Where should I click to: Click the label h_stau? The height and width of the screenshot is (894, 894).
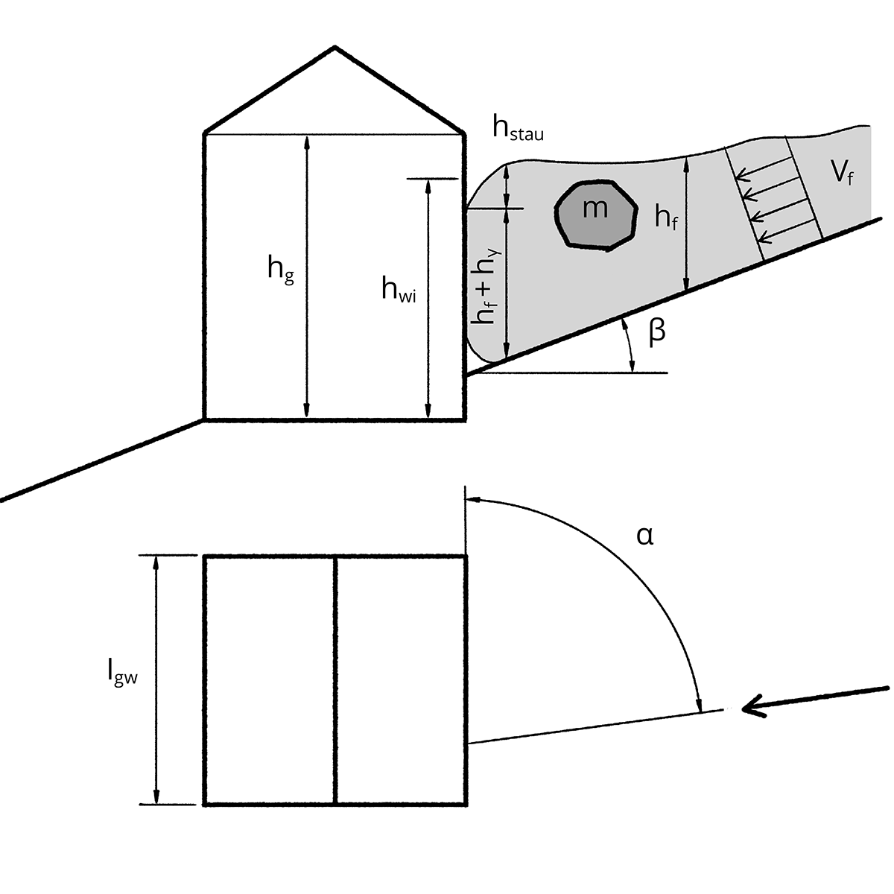518,128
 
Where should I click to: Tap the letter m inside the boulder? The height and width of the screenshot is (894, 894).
595,209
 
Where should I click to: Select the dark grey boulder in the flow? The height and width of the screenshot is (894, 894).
596,216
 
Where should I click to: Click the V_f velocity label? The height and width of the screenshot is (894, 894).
843,174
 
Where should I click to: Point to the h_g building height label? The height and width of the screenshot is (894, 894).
281,270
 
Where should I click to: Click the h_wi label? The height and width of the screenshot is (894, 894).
399,289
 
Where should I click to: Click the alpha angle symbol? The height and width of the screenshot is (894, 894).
645,536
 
